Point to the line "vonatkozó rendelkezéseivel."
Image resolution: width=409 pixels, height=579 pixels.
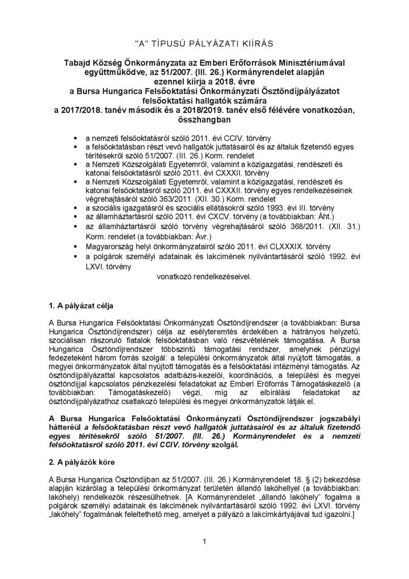tap(204, 278)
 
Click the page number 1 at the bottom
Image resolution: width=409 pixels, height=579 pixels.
tap(204, 542)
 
